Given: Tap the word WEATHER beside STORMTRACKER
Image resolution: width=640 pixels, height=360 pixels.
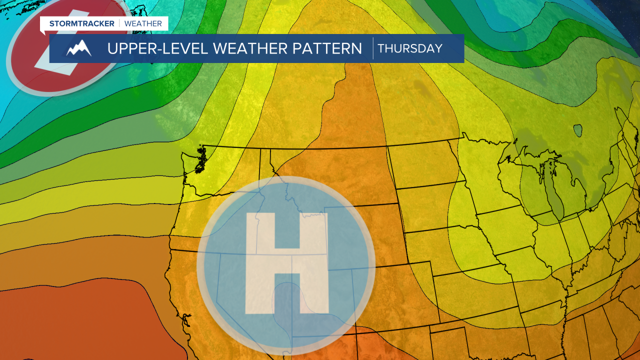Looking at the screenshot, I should pyautogui.click(x=143, y=23).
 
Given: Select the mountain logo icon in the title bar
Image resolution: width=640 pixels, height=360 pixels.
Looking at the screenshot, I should pyautogui.click(x=79, y=48).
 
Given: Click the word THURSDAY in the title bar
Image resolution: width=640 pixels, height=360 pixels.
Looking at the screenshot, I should pyautogui.click(x=410, y=48).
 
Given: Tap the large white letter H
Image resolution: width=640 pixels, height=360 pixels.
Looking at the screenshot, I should pyautogui.click(x=286, y=263).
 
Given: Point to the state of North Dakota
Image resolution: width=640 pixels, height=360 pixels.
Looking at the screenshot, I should pyautogui.click(x=422, y=165).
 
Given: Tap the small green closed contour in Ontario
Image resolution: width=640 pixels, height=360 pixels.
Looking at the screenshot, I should pyautogui.click(x=578, y=131).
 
